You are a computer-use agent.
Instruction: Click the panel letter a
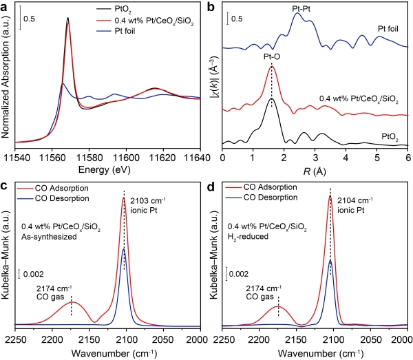6,6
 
